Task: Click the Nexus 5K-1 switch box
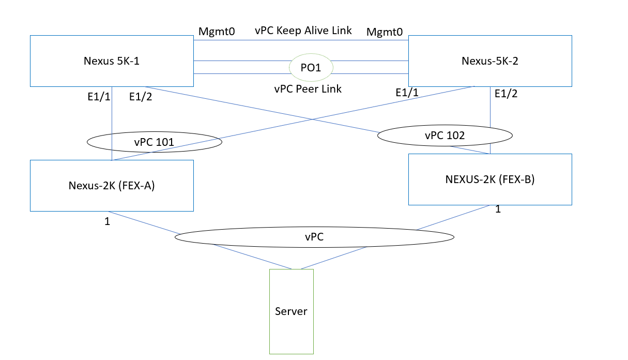tap(112, 61)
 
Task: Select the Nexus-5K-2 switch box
tap(489, 61)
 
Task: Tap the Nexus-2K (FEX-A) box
tap(112, 185)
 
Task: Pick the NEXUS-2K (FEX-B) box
tap(489, 179)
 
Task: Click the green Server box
tap(291, 331)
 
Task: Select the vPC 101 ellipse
tap(154, 142)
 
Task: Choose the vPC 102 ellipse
tap(445, 136)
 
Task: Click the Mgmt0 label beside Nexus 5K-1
tap(217, 32)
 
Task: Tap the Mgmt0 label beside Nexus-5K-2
tap(385, 32)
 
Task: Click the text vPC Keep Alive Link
tap(303, 31)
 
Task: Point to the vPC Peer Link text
tap(308, 89)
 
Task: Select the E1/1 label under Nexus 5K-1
tap(99, 96)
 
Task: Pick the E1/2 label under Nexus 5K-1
tap(141, 96)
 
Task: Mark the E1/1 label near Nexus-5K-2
tap(407, 93)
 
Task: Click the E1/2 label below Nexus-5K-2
tap(506, 94)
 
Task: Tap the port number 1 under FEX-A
tap(107, 221)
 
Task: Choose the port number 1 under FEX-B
tap(498, 209)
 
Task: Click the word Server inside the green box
tap(291, 311)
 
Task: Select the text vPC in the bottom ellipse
tap(314, 236)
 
